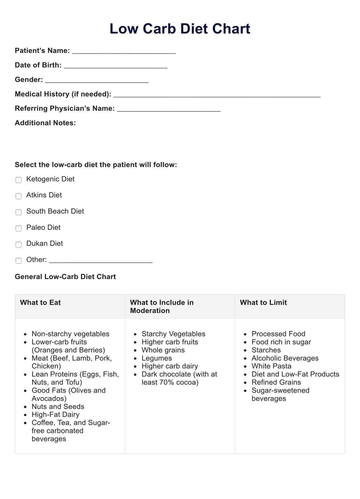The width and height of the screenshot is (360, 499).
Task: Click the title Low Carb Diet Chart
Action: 180,29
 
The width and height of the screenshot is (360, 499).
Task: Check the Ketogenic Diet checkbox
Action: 19,180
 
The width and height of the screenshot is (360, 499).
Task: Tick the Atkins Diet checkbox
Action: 19,196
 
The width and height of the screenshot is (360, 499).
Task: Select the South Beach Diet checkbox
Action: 19,212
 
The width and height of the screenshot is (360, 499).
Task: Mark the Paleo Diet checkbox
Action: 19,228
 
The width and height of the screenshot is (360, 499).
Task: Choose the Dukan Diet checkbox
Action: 19,245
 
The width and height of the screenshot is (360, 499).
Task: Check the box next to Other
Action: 19,261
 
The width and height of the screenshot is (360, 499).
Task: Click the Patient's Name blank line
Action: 124,51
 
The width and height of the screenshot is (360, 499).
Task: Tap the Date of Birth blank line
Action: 115,66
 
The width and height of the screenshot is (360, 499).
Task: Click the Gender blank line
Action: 97,80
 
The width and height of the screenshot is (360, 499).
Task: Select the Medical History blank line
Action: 217,95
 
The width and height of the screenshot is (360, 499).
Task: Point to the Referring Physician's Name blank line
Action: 169,109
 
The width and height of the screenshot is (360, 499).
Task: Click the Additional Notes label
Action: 45,123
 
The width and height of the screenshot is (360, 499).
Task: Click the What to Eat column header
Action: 40,302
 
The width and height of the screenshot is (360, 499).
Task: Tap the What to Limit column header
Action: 263,302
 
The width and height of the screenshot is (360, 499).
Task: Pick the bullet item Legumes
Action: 157,358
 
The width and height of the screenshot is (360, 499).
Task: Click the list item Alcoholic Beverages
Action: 285,358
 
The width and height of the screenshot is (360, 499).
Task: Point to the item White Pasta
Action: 271,366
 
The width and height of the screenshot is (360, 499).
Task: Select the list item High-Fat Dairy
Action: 55,415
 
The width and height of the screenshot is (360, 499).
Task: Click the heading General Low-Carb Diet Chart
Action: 65,277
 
